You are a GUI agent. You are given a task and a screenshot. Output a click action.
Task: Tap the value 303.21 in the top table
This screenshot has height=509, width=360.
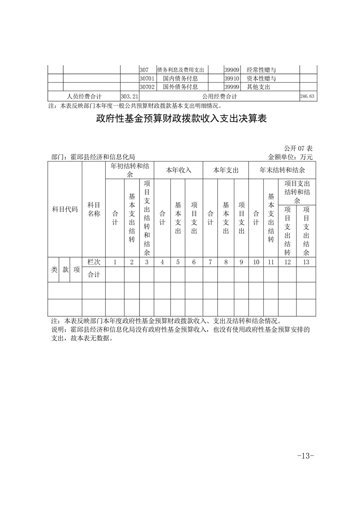[129, 97]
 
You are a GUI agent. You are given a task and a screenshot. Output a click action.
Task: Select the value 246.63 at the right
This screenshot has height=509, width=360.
[308, 97]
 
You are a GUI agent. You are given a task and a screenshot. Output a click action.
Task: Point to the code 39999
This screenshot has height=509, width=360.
[232, 87]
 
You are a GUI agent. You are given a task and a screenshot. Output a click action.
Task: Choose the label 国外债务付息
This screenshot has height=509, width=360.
[180, 87]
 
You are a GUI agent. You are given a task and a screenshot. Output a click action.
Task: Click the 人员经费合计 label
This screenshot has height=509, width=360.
[84, 97]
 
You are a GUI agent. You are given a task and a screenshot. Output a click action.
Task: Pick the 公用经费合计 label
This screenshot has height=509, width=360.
[220, 97]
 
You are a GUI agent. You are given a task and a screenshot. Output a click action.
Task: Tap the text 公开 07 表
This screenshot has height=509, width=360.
[298, 149]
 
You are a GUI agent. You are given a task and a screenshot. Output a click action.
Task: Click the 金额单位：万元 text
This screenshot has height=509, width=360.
[291, 157]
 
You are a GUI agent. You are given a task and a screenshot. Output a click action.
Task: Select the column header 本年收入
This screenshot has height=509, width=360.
[178, 170]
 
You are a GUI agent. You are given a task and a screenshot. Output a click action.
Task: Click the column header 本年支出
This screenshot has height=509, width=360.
[226, 170]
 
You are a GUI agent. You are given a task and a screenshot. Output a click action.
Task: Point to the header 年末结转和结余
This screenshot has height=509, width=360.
[282, 170]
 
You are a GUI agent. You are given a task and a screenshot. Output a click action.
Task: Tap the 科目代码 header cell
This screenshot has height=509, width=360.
[65, 210]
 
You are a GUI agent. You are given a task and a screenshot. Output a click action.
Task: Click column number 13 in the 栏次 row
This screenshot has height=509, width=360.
[306, 262]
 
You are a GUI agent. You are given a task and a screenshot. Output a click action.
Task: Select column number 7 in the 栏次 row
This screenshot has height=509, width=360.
[210, 262]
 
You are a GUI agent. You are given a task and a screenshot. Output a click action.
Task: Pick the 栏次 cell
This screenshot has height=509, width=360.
[94, 262]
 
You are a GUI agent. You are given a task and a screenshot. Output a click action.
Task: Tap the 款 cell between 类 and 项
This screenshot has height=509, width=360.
[65, 269]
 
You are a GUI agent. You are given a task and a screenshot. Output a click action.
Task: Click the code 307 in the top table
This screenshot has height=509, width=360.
[144, 70]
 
